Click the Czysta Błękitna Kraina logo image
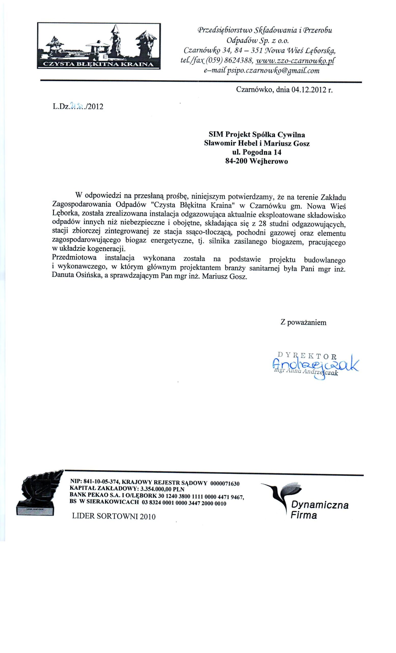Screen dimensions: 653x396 click(99, 46)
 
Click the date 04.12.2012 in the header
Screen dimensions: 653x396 click(308, 90)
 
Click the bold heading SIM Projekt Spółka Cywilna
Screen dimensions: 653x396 click(257, 135)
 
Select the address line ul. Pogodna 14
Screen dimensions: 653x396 click(257, 152)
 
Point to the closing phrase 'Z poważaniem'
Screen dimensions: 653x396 click(303, 322)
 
